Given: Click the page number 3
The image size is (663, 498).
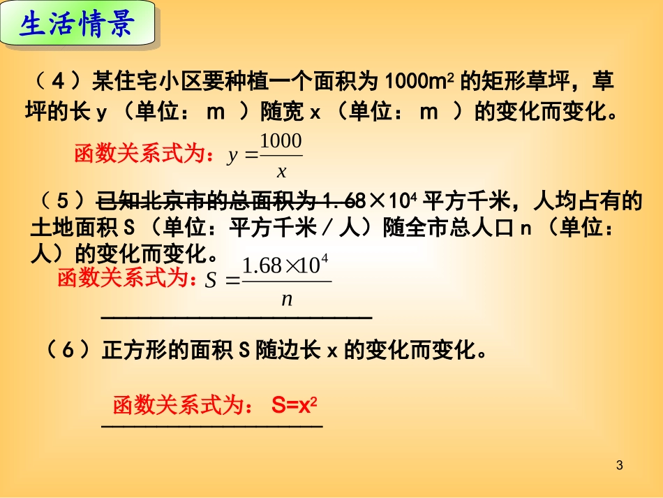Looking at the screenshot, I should click(620, 465).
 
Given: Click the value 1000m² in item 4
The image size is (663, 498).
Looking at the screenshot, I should click(419, 82).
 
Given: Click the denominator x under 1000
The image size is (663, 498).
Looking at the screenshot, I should click(282, 171).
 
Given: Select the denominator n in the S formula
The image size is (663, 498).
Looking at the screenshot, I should click(287, 300).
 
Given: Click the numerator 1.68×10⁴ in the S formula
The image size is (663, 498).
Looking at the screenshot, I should click(285, 265).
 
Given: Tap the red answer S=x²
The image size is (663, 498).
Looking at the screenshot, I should click(295, 405).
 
